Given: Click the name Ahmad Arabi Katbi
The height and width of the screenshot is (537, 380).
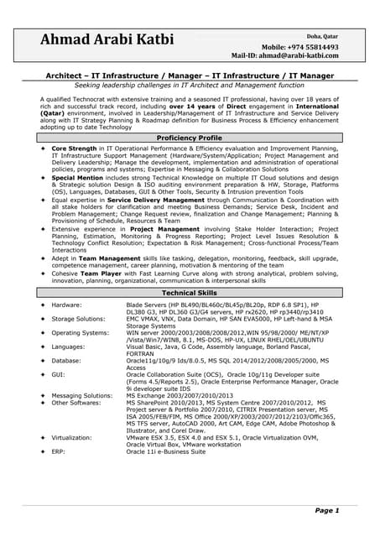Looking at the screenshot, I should click(107, 40).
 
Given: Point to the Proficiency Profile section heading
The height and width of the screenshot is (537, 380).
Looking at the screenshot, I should click(190, 138).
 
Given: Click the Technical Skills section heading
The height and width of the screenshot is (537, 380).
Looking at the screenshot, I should click(190, 292).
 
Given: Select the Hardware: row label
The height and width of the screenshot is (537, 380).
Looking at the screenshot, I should click(66, 305).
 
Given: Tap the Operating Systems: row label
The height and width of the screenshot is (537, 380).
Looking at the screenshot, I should click(81, 332).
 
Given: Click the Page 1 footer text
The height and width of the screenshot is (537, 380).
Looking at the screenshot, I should click(326, 510).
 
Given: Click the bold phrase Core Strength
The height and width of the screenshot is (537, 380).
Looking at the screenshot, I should click(76, 147).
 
